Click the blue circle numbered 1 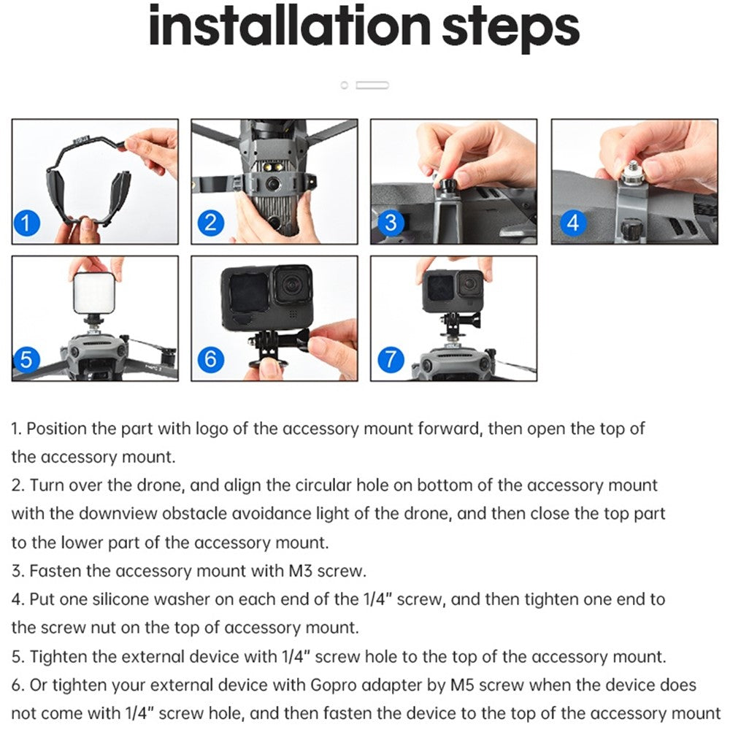[26, 223]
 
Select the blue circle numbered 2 [211, 223]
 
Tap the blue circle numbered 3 [391, 223]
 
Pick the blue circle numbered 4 [573, 223]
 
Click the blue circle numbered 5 [26, 359]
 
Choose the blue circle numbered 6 [211, 359]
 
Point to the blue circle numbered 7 [391, 359]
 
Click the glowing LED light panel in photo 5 [96, 293]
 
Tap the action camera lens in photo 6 [292, 285]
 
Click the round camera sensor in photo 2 [272, 185]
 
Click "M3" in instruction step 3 [301, 571]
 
